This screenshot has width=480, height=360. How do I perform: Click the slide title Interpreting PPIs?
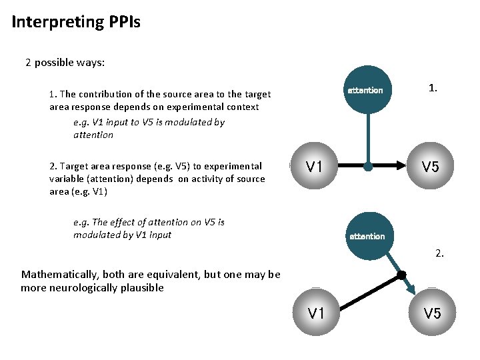click(x=75, y=22)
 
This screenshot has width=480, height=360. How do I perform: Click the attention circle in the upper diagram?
click(x=365, y=90)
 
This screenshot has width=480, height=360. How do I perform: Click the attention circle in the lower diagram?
click(x=367, y=235)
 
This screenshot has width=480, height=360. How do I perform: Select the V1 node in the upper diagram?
click(x=314, y=167)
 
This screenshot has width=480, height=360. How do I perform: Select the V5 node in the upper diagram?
click(x=430, y=167)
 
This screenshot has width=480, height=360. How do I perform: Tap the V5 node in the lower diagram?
click(x=432, y=312)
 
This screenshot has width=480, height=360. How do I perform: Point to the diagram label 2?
click(x=439, y=253)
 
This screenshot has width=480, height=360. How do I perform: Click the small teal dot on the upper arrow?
click(x=368, y=167)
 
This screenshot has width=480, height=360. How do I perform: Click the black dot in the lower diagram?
click(x=401, y=275)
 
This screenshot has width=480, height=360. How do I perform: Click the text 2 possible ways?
click(x=65, y=63)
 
